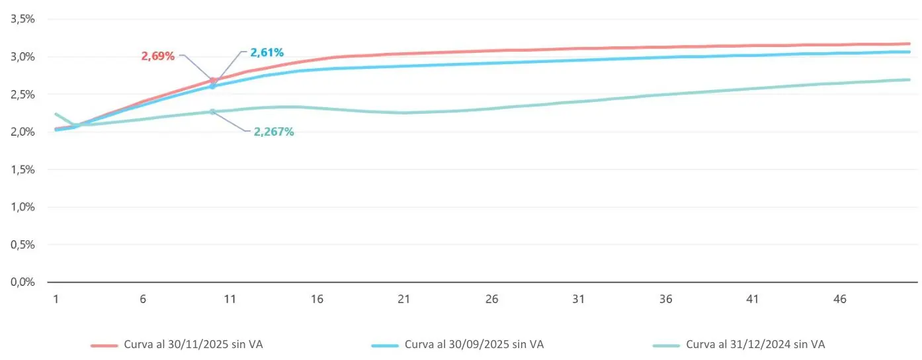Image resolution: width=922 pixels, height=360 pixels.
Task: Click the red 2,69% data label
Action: [157, 56]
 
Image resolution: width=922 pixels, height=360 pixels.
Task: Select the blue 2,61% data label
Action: [267, 52]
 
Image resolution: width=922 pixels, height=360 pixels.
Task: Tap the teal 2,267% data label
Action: [274, 132]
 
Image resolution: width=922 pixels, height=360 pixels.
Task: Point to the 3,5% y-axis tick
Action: [22, 19]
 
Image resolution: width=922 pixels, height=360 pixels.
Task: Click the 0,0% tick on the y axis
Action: [22, 282]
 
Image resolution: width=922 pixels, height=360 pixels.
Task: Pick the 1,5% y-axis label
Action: [22, 169]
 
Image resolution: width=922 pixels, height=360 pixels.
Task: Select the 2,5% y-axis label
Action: [22, 95]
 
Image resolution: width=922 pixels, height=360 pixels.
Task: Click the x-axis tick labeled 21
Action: [404, 299]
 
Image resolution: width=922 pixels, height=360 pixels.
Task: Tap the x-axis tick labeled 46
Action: [839, 299]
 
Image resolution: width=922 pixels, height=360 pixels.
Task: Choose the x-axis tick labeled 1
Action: [56, 299]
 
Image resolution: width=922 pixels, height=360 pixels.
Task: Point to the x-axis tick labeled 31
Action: [578, 299]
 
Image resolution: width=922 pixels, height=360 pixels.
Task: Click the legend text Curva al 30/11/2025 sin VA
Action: [197, 344]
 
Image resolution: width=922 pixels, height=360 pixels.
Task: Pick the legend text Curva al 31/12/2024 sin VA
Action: [755, 344]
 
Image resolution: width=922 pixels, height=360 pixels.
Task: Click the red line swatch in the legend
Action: [104, 345]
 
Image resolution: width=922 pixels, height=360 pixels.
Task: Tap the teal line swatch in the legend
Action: [666, 345]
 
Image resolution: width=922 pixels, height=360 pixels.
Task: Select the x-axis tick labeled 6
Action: [143, 299]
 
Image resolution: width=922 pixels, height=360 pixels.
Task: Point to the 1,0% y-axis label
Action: [22, 207]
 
